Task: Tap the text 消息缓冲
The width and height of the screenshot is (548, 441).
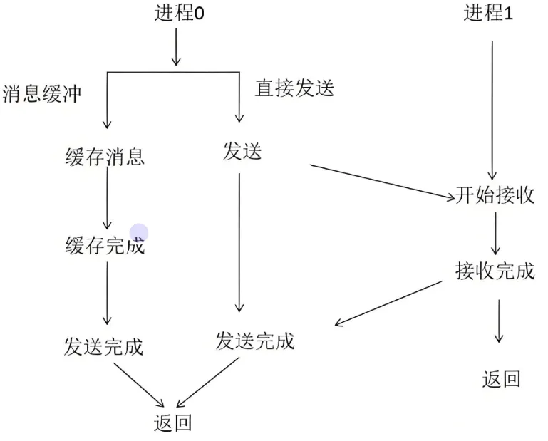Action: click(x=42, y=95)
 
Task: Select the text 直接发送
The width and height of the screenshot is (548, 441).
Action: click(x=294, y=88)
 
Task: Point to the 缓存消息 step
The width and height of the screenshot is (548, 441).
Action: click(x=105, y=156)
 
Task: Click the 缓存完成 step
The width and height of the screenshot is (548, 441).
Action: click(x=104, y=247)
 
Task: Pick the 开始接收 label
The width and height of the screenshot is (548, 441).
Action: click(x=495, y=197)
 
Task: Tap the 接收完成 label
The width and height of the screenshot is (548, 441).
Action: click(x=495, y=271)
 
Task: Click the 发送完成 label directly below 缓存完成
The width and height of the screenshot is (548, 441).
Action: click(x=103, y=346)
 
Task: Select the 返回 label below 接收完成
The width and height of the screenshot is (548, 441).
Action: click(x=501, y=379)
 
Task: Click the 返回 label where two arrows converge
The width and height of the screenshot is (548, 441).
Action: click(x=172, y=422)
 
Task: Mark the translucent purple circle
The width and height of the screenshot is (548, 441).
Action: click(x=139, y=233)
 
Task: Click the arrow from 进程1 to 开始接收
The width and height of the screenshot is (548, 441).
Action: click(x=492, y=107)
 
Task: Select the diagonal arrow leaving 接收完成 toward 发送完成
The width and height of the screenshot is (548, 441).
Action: click(x=388, y=303)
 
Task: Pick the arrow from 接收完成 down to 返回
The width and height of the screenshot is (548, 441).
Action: click(x=499, y=321)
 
